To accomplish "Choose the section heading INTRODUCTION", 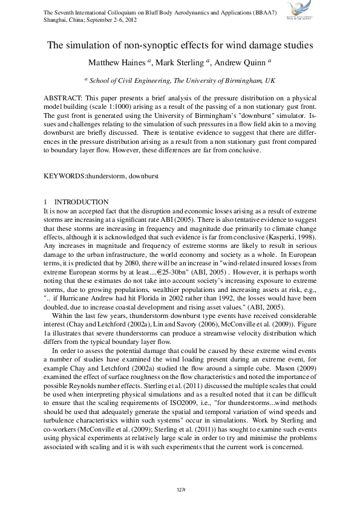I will [82, 202].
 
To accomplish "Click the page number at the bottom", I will [180, 488].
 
